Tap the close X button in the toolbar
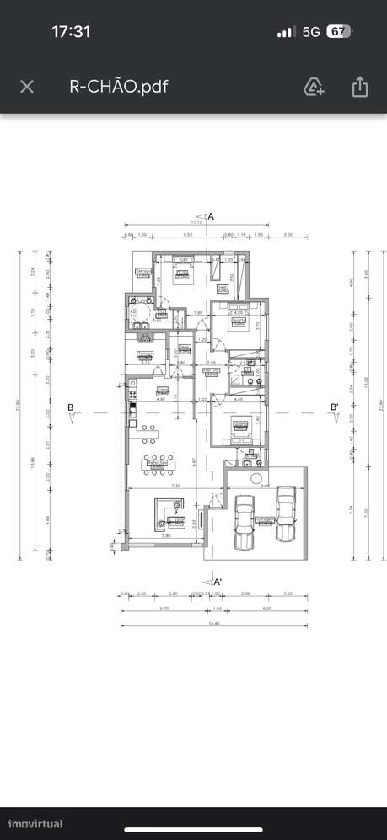pyautogui.click(x=27, y=86)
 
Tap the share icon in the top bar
pyautogui.click(x=360, y=86)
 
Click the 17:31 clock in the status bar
pyautogui.click(x=71, y=31)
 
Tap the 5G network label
pyautogui.click(x=310, y=31)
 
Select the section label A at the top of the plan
pyautogui.click(x=211, y=216)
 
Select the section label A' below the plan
pyautogui.click(x=217, y=581)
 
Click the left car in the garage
pyautogui.click(x=245, y=522)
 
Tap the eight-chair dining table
pyautogui.click(x=157, y=462)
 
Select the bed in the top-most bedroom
pyautogui.click(x=181, y=271)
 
